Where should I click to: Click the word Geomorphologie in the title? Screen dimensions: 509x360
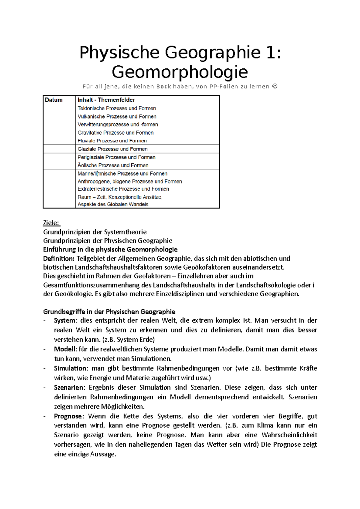[x=180, y=72]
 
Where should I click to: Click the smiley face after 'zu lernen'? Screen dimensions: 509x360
[x=275, y=87]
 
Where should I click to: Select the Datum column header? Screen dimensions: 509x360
[x=54, y=100]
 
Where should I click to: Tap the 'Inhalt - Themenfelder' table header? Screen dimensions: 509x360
[x=106, y=100]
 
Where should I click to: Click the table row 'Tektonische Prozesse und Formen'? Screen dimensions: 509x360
[x=117, y=109]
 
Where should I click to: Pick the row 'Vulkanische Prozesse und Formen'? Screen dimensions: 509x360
[x=117, y=117]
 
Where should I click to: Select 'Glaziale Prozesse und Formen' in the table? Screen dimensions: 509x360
[x=112, y=149]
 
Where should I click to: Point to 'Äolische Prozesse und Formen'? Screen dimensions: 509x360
[x=113, y=165]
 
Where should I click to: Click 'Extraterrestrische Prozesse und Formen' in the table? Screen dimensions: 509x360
[x=123, y=189]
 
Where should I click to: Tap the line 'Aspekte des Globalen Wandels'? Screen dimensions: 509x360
[x=113, y=204]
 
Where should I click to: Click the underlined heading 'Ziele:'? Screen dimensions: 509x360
[x=52, y=223]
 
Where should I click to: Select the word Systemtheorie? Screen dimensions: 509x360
[x=125, y=232]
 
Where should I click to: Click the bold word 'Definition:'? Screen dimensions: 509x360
[x=58, y=259]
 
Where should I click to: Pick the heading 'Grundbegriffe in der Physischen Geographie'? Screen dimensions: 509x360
[x=109, y=312]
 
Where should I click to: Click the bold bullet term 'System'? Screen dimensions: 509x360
[x=64, y=321]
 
